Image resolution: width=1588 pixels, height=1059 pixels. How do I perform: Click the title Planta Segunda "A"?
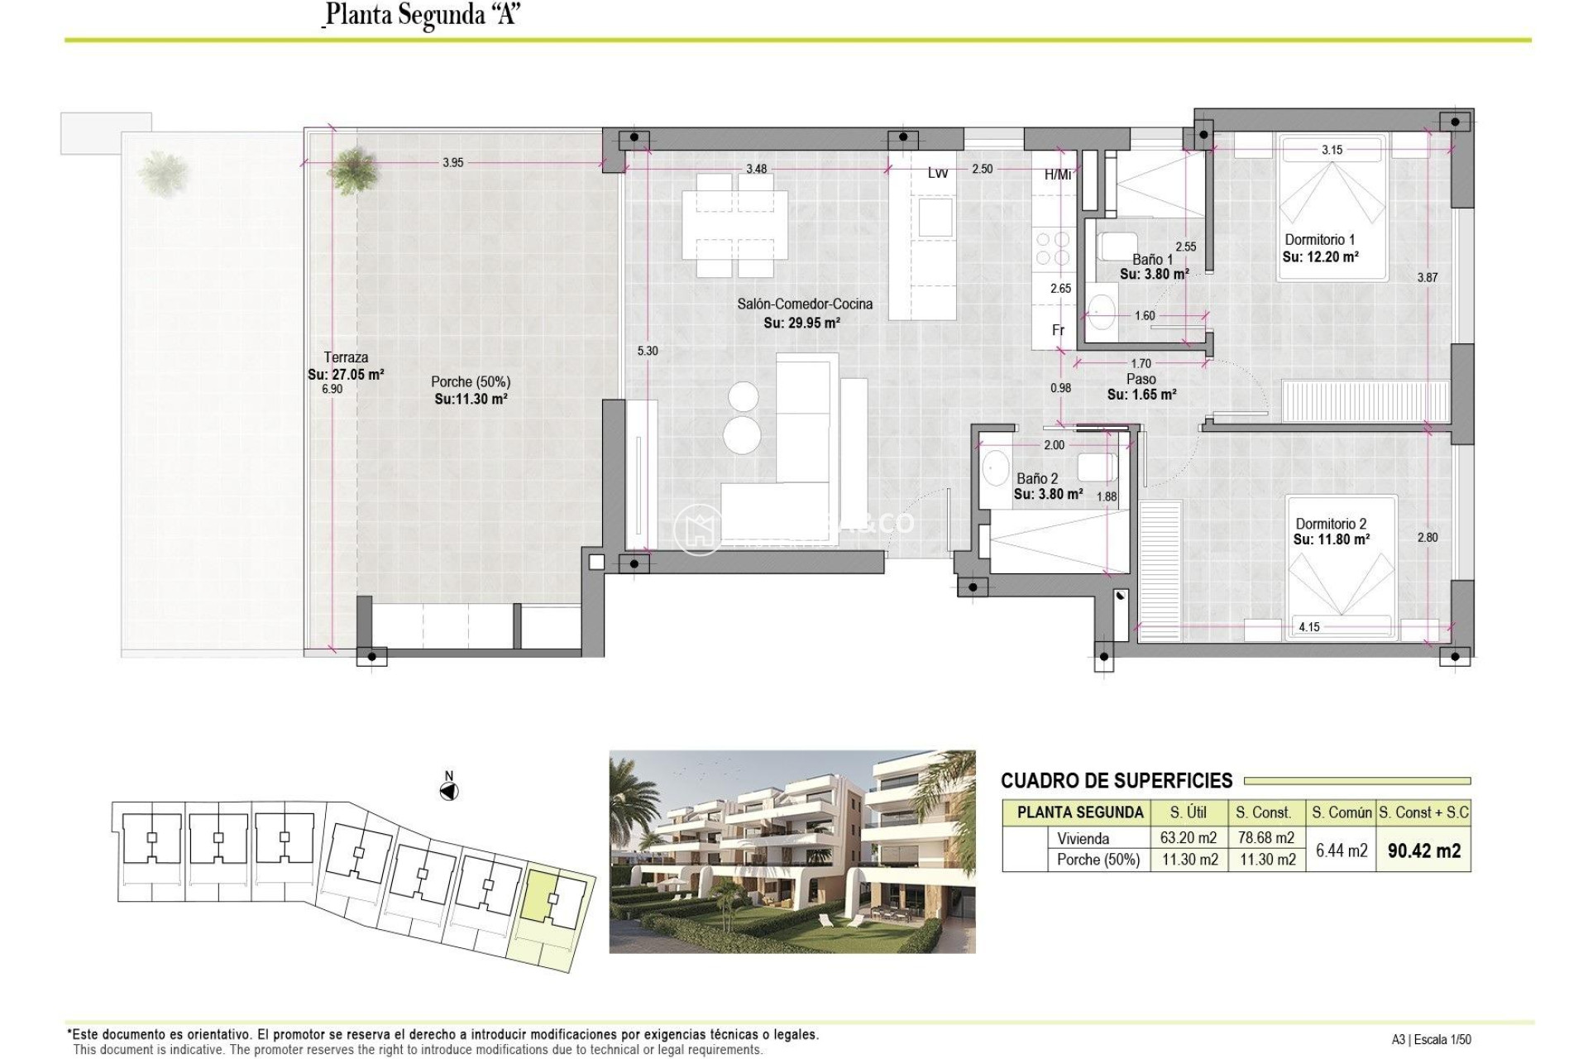click(x=422, y=15)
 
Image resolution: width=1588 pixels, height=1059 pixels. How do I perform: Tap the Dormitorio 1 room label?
click(x=1320, y=240)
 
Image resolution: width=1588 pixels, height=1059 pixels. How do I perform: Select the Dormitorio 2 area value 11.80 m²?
click(x=1332, y=539)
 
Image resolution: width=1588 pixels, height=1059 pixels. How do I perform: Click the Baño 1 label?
click(x=1152, y=259)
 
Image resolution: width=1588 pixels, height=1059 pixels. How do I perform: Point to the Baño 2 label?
click(x=1037, y=478)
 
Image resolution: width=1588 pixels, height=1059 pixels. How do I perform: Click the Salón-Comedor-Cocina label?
click(x=805, y=304)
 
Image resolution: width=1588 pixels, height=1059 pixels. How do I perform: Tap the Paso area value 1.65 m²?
click(x=1141, y=395)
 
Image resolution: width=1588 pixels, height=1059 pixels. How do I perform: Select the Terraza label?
click(x=346, y=357)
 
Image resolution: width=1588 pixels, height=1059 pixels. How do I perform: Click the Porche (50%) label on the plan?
click(x=471, y=382)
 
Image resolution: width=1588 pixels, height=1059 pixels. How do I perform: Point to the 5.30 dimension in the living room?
click(x=648, y=351)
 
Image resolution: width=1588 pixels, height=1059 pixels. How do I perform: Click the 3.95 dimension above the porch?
click(x=452, y=163)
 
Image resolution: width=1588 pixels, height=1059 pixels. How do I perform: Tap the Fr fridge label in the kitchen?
click(x=1058, y=330)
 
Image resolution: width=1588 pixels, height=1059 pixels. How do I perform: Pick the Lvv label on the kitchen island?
click(x=937, y=173)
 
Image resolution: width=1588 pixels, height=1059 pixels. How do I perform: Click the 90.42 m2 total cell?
click(x=1423, y=851)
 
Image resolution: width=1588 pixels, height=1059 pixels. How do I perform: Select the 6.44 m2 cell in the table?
click(x=1341, y=851)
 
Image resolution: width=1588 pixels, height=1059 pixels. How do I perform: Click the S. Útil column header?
click(x=1187, y=812)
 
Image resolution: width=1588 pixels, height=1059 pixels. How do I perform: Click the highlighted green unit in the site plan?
click(x=542, y=895)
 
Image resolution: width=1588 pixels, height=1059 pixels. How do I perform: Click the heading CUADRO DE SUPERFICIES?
click(x=1117, y=781)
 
